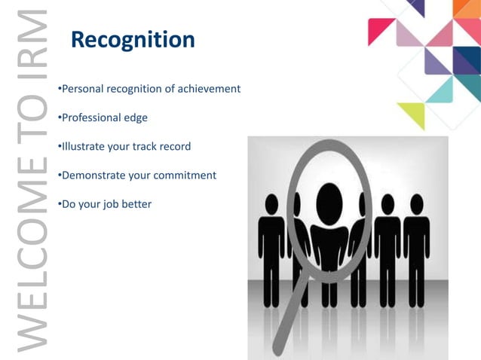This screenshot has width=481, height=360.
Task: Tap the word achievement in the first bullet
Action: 208,89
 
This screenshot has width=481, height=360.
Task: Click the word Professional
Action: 90,117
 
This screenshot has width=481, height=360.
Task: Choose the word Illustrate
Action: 81,146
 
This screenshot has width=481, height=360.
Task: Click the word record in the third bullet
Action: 175,146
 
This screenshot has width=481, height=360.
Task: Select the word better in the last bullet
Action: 136,204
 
